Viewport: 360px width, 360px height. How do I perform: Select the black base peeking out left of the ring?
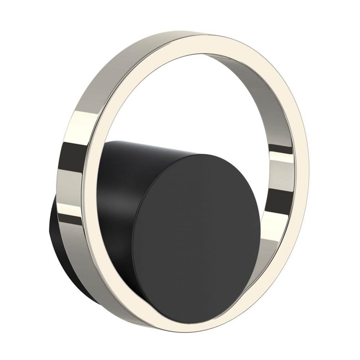coord(54,230)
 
